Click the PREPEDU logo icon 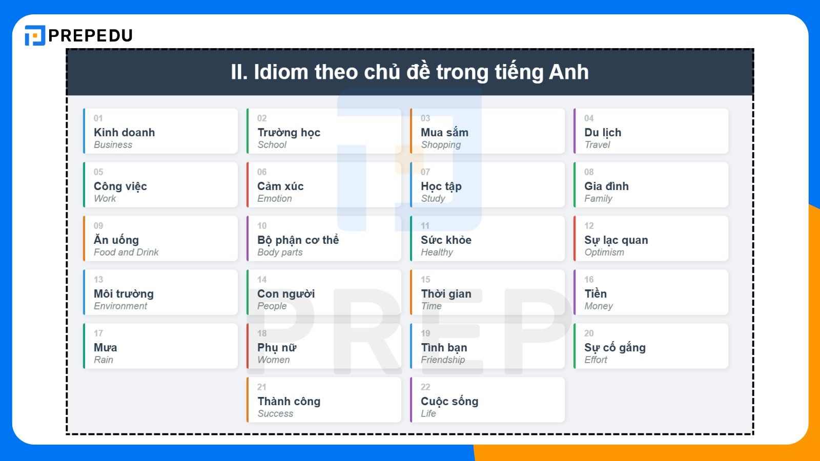click(x=35, y=35)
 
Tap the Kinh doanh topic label click(x=124, y=132)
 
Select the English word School click(x=272, y=145)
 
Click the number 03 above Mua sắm click(x=425, y=118)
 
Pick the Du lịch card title click(x=603, y=132)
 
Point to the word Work click(x=105, y=199)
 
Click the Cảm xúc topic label click(x=280, y=186)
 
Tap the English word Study click(x=433, y=199)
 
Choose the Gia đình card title click(x=606, y=186)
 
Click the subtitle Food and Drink click(x=126, y=253)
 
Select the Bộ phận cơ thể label click(x=298, y=240)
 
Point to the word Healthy click(x=437, y=253)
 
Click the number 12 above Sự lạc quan click(x=589, y=226)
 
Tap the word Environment click(x=120, y=306)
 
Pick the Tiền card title click(x=596, y=294)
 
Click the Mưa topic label click(x=105, y=347)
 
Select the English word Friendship click(x=443, y=360)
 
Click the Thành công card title click(x=289, y=401)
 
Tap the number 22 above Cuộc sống click(x=425, y=387)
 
